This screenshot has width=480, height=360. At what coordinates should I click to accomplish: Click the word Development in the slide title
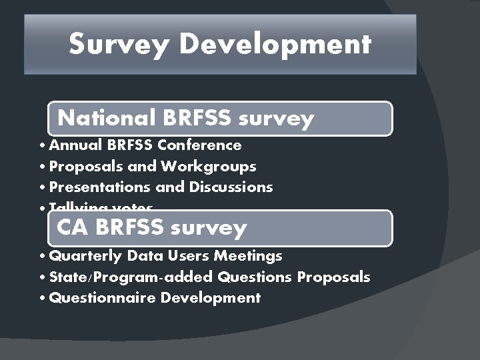point(275,45)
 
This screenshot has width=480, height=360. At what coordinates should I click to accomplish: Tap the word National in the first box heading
point(106,118)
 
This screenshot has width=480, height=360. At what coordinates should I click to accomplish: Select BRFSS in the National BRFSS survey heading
point(197,118)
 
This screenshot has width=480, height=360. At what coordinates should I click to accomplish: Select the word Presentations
point(93,187)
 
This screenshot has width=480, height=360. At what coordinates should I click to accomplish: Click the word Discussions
point(231,187)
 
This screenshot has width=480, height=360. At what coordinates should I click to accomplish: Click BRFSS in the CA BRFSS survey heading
point(130,227)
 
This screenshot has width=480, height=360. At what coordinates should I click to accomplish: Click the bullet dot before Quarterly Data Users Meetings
point(42,257)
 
